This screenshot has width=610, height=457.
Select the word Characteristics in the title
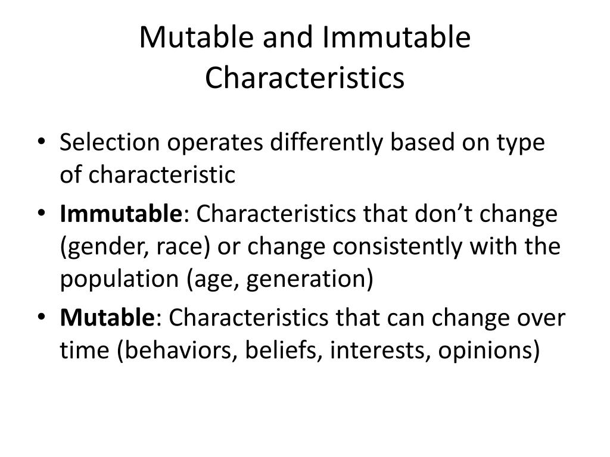point(304,78)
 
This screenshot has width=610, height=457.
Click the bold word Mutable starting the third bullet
point(107,318)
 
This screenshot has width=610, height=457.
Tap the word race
point(174,247)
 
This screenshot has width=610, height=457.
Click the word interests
point(379,351)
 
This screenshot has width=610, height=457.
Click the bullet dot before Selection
point(48,143)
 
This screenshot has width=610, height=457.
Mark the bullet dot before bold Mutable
point(48,318)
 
